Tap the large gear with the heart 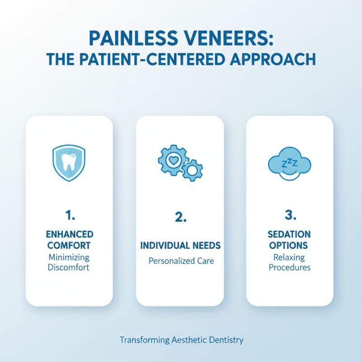172,160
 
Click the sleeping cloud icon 290,165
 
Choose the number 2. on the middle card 180,217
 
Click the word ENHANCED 69,234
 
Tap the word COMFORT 69,246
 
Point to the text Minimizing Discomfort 69,262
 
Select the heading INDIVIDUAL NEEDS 180,246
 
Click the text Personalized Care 180,261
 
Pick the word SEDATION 290,234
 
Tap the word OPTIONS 290,246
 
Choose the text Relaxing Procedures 290,262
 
